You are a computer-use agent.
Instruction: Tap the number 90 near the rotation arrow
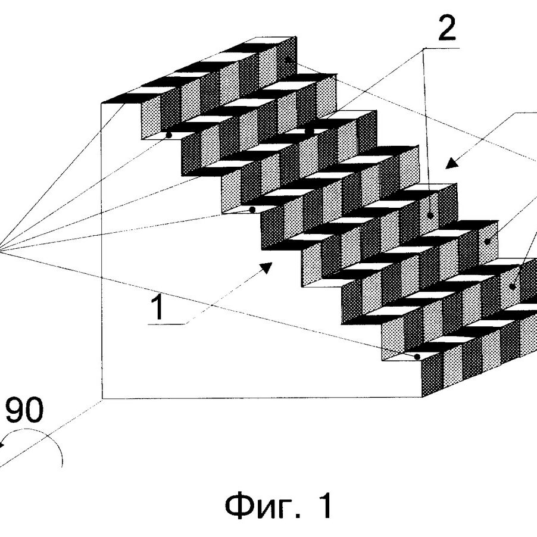point(24,412)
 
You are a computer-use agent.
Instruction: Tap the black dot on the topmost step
point(288,60)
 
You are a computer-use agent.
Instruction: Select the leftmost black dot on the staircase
point(168,135)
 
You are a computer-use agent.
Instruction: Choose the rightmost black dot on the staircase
point(513,286)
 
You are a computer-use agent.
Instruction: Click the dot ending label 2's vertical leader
point(430,215)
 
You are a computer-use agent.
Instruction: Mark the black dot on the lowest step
point(419,357)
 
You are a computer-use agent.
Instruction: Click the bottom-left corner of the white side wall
point(102,398)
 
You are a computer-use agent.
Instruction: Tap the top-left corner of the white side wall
point(102,102)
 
